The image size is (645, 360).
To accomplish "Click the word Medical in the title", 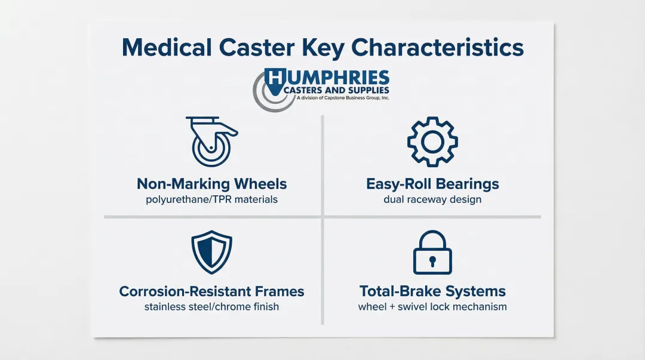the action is click(x=167, y=47).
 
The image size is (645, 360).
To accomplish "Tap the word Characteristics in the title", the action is click(x=437, y=47).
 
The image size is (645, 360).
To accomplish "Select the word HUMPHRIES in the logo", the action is click(x=327, y=78).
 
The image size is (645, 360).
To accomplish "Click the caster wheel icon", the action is click(x=212, y=141).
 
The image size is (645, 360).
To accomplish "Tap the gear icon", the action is click(x=432, y=142).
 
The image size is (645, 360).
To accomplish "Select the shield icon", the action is click(x=212, y=252).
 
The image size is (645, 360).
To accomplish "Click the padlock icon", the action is click(x=432, y=252).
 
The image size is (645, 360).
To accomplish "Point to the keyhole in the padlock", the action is click(x=432, y=261).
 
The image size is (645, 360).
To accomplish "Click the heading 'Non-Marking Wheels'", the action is click(x=212, y=184).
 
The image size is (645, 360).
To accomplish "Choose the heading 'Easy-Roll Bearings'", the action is click(x=432, y=184).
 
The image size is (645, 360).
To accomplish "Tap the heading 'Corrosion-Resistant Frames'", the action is click(x=212, y=291).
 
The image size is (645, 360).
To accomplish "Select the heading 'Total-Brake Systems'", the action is click(x=432, y=291).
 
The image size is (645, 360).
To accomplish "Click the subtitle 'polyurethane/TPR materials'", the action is click(x=212, y=199).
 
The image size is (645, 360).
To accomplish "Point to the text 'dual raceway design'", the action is click(x=432, y=199).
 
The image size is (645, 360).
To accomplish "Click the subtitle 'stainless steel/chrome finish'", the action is click(x=212, y=306).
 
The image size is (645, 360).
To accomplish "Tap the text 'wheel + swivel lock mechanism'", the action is click(x=432, y=306).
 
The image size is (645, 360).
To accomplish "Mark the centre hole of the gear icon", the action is click(x=432, y=142).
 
